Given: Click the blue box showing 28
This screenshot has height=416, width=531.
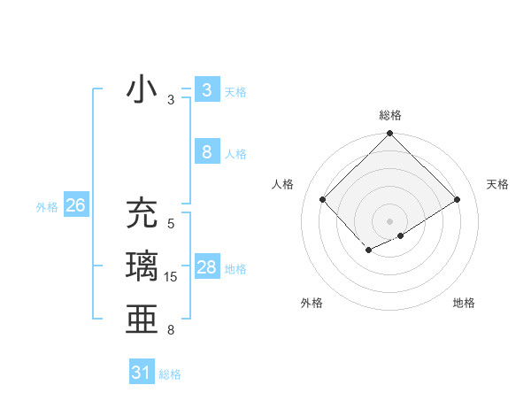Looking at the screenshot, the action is click(206, 267).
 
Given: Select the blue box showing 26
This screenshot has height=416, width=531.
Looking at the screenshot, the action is click(75, 206).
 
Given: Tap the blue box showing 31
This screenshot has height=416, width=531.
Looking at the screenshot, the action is click(141, 373).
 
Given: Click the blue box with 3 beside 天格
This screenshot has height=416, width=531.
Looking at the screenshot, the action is click(206, 90).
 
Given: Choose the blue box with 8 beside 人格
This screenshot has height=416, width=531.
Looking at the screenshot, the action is click(206, 152).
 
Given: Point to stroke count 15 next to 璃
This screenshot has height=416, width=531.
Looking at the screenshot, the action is click(171, 277).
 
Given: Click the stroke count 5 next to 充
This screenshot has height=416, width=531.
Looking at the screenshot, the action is click(171, 224).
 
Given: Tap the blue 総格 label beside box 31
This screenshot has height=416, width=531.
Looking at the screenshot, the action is click(170, 374).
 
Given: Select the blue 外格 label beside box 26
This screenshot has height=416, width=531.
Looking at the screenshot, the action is click(47, 207).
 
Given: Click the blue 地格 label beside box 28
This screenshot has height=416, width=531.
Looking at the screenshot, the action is click(235, 269).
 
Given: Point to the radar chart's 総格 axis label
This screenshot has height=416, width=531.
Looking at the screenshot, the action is click(389, 115).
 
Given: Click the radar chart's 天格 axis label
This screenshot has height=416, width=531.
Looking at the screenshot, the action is click(497, 184).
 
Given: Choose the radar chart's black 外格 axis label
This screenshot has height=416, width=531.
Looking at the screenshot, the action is click(312, 303).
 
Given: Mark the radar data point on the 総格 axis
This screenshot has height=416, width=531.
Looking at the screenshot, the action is click(389, 134).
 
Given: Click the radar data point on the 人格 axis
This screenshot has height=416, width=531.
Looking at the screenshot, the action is click(323, 199).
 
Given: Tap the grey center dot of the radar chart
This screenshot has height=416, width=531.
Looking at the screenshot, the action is click(389, 220).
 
